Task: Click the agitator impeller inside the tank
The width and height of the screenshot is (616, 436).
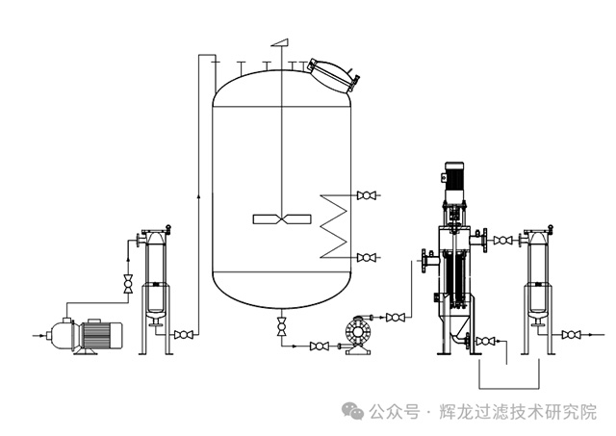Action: pos(282,219)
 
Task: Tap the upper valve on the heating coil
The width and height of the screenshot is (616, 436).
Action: pos(366,195)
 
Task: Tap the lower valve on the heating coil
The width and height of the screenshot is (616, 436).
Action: pos(366,258)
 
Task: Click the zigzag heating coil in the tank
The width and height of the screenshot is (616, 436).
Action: pos(334,226)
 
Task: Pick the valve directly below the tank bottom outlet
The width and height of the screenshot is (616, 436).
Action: pos(281,326)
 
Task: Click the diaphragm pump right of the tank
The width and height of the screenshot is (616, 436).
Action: pos(358,335)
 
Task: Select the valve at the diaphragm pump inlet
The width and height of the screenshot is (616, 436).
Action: pos(320,346)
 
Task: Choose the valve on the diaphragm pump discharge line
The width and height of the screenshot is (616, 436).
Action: pos(396,317)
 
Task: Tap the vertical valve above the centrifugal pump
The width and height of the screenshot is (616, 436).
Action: pos(128,283)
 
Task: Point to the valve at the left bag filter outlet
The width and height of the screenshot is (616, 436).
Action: pos(184,335)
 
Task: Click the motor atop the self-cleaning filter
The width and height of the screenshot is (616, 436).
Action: pos(454,182)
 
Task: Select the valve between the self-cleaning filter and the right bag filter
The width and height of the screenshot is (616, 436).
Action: pos(502,241)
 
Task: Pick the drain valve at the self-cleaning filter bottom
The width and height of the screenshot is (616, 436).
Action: pos(485,341)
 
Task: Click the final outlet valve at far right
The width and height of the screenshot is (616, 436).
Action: pos(572,335)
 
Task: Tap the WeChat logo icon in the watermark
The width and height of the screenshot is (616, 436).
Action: pos(352,410)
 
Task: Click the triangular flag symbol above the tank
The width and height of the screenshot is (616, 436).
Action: pos(279,42)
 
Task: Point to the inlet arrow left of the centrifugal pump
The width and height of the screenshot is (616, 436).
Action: pos(38,336)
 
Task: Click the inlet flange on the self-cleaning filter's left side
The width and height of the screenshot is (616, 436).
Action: pos(425,261)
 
